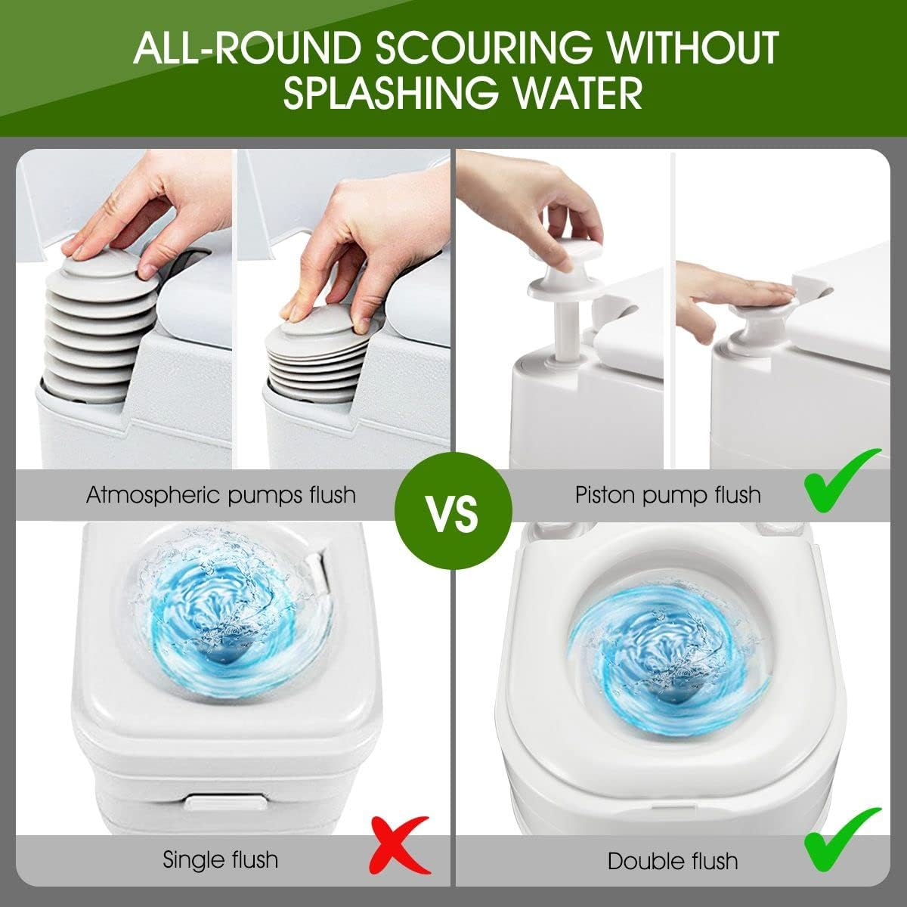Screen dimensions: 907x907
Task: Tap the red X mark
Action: [x=401, y=852]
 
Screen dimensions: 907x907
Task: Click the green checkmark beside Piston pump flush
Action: [x=843, y=482]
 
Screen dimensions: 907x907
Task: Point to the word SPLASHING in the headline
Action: [x=390, y=92]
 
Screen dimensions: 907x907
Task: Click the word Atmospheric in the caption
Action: [x=153, y=496]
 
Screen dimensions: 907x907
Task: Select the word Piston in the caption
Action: [x=605, y=495]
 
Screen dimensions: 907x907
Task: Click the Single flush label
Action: [x=220, y=860]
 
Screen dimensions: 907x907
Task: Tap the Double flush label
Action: [x=673, y=861]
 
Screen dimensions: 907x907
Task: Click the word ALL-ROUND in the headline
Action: [x=246, y=48]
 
